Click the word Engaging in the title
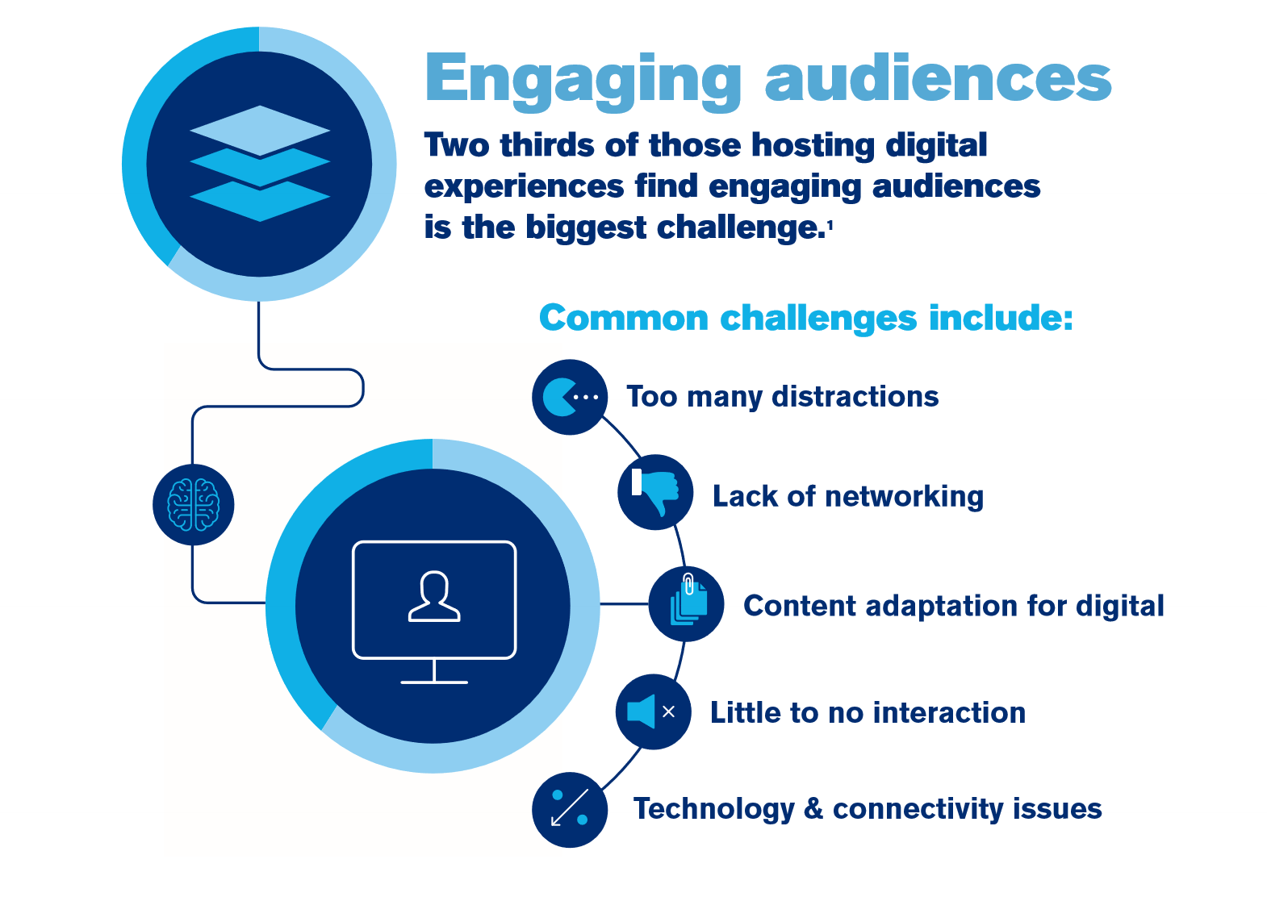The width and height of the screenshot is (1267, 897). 583,82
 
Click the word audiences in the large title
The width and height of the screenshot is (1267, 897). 939,77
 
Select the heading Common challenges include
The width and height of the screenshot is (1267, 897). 806,318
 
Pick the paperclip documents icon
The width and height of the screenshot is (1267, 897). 688,599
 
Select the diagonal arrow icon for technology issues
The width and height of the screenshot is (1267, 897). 570,807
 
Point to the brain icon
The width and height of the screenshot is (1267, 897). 194,505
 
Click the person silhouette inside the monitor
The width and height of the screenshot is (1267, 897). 434,596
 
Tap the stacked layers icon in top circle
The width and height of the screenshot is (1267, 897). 260,164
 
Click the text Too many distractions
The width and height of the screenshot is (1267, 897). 783,397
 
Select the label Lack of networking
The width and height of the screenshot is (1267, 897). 848,496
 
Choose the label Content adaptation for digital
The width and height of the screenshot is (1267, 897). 954,606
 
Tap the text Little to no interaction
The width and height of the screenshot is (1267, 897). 868,712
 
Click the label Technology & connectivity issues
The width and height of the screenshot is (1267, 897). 868,809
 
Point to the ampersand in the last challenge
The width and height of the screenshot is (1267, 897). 813,807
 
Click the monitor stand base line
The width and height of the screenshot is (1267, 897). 434,682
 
